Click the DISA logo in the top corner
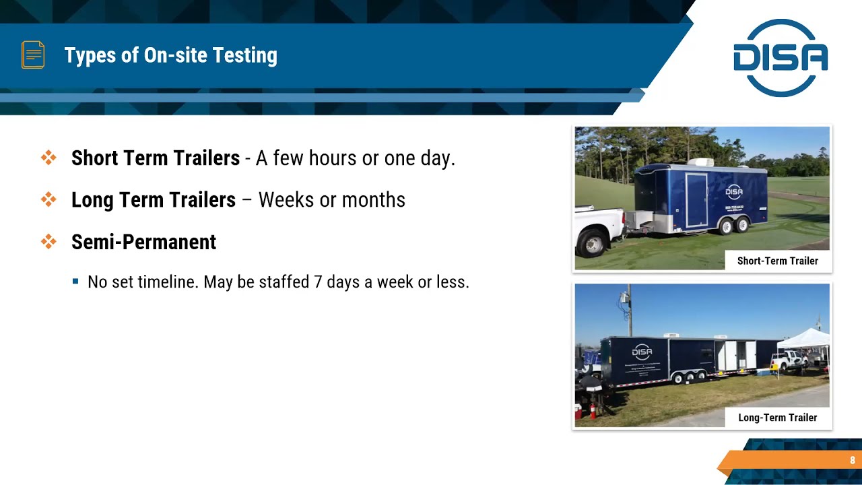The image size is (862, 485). [781, 58]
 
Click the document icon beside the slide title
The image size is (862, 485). [33, 55]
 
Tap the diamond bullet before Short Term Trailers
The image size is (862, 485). [48, 158]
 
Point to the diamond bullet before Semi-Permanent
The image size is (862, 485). [48, 241]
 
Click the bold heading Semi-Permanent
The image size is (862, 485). [143, 242]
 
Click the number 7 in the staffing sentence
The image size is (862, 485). [318, 282]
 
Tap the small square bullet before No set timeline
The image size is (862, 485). [75, 282]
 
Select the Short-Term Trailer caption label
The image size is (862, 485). [777, 261]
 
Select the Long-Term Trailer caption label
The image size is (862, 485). [777, 418]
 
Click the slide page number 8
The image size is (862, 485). [852, 461]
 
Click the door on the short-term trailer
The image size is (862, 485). [696, 199]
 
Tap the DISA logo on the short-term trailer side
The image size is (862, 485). [734, 192]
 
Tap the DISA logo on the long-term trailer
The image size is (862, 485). [642, 352]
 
